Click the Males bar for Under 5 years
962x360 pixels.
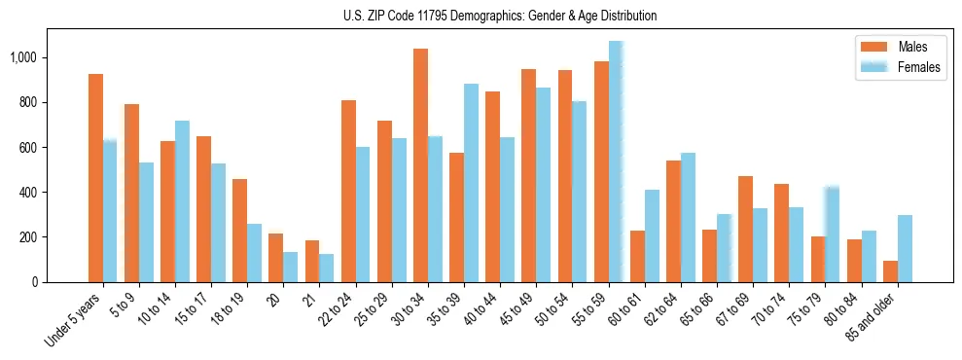point(95,178)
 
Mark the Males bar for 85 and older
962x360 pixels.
point(890,271)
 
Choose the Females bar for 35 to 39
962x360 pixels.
point(471,183)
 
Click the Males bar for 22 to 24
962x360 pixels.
point(348,191)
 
